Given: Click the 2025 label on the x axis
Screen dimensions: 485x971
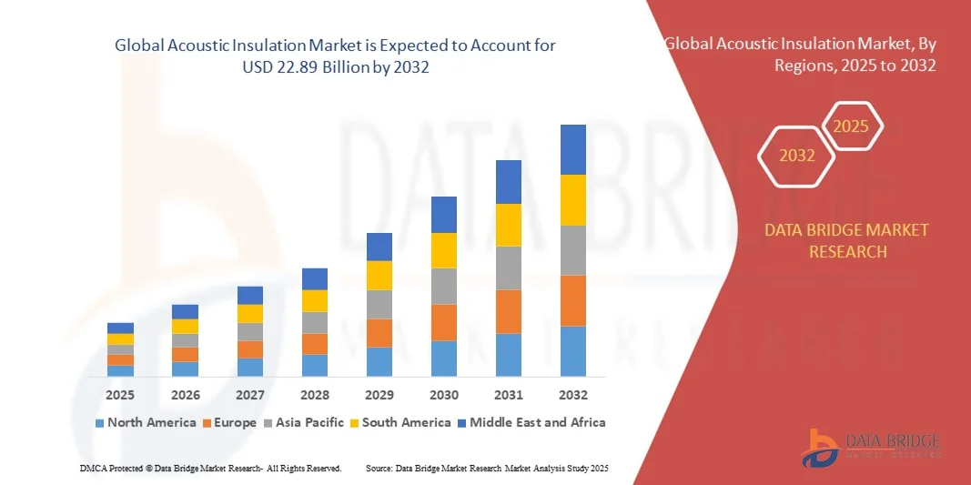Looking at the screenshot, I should click(x=120, y=395).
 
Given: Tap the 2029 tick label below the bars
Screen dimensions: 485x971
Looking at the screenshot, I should click(x=379, y=395).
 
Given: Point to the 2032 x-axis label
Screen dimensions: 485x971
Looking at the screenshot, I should click(x=573, y=395).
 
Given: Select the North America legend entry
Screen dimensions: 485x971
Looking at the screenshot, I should click(x=146, y=422).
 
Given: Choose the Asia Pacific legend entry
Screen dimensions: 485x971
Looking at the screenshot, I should click(x=303, y=422).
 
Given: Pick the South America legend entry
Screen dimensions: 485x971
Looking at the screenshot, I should click(x=400, y=422).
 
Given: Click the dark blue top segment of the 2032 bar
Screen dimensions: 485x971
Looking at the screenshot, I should click(x=573, y=149).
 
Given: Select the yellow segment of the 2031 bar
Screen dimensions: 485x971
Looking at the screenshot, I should click(x=509, y=225).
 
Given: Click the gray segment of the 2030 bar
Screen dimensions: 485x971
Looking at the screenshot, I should click(x=444, y=286).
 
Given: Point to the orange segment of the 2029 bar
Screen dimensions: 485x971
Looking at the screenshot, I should click(x=379, y=333).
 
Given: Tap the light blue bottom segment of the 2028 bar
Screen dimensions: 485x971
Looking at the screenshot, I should click(x=315, y=365).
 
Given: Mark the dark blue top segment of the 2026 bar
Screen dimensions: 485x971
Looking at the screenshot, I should click(x=185, y=311).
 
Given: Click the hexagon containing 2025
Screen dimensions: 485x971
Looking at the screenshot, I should click(x=851, y=126).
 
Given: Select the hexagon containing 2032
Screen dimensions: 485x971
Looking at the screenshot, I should click(x=797, y=156).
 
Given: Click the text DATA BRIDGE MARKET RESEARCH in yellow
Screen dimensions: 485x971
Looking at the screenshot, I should click(x=847, y=240).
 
